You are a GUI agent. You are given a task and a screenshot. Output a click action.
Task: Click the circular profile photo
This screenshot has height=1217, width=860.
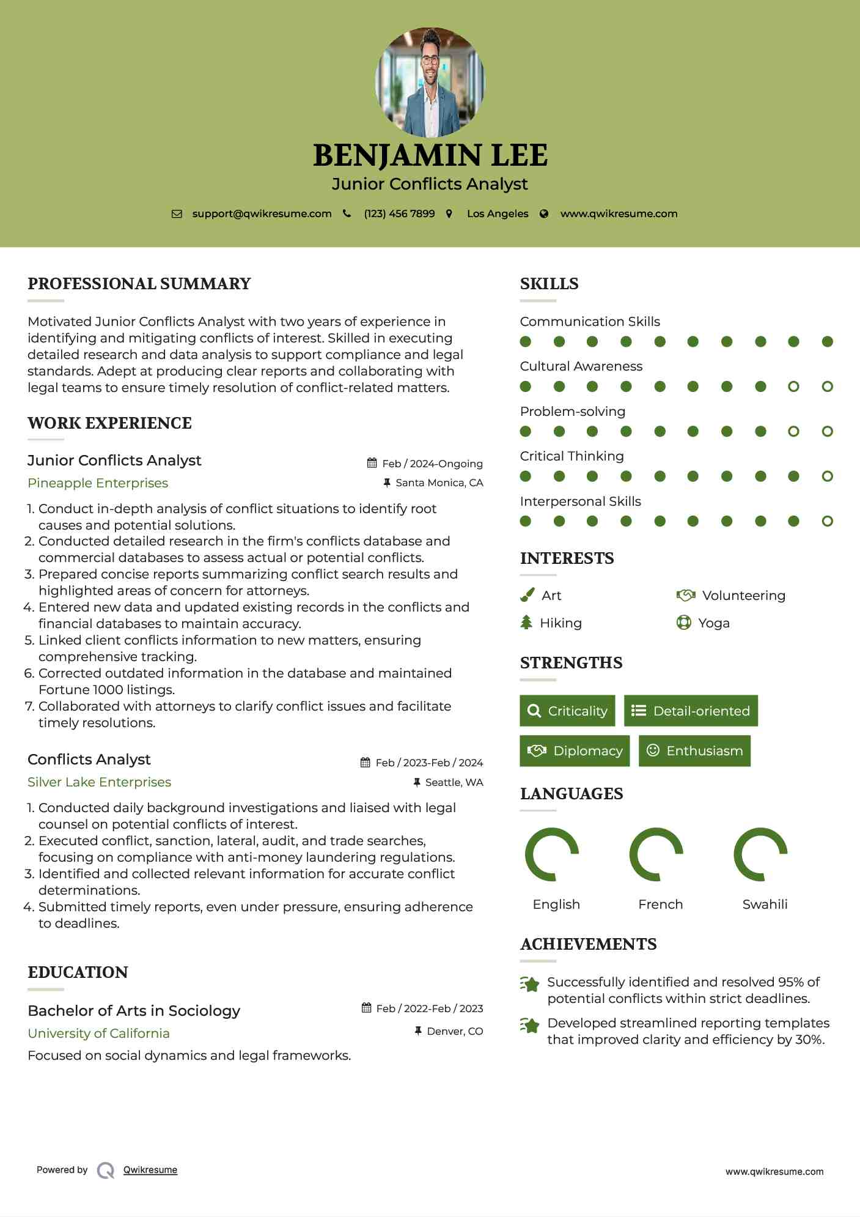[x=430, y=82]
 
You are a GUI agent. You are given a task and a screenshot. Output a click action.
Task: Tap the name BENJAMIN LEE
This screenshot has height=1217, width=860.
[x=430, y=155]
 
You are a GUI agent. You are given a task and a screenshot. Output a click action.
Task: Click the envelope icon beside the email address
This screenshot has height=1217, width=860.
[x=177, y=214]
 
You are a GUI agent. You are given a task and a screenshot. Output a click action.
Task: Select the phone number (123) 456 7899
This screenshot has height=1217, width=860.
[x=399, y=214]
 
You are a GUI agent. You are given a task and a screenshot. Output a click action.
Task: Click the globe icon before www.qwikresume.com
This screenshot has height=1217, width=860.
[x=544, y=214]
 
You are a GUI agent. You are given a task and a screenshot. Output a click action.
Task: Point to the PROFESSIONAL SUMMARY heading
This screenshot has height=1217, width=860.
[x=139, y=284]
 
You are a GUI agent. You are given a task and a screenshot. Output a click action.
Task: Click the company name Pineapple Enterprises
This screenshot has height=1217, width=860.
[x=98, y=483]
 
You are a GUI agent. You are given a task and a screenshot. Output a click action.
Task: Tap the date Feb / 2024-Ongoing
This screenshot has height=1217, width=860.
[x=432, y=464]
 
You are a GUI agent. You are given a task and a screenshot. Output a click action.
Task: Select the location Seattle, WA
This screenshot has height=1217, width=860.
[x=454, y=782]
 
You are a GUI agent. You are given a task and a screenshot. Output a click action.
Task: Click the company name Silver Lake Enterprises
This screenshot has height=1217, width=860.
[x=99, y=782]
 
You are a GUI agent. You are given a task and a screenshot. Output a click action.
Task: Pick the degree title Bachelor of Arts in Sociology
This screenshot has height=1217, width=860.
[x=134, y=1011]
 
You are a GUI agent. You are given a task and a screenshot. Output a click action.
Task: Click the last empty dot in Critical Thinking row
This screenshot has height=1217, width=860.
[x=827, y=476]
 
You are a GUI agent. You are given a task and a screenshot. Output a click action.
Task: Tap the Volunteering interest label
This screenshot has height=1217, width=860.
[x=743, y=596]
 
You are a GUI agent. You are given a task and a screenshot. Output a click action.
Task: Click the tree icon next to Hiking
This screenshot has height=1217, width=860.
[x=526, y=623]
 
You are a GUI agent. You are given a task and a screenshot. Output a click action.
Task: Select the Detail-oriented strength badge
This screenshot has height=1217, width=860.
[x=691, y=711]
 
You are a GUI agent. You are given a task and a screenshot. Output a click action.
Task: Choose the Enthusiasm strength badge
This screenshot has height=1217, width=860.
[x=694, y=751]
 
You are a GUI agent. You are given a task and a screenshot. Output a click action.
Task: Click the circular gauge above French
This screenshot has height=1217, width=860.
[x=656, y=854]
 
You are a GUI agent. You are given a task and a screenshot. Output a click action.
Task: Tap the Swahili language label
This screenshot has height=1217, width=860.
[x=765, y=904]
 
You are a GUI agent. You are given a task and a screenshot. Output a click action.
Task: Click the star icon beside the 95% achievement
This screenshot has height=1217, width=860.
[x=529, y=984]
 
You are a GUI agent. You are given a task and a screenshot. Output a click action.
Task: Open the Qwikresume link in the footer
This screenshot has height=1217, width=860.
[x=150, y=1170]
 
